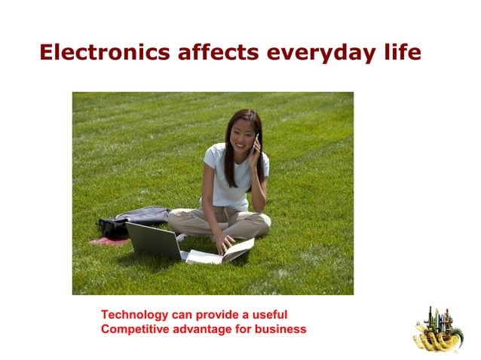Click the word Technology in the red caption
click(x=134, y=315)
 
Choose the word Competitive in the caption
click(x=134, y=329)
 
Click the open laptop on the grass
click(x=155, y=241)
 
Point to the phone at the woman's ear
click(x=256, y=141)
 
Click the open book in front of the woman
click(x=222, y=252)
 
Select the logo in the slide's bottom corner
click(x=437, y=329)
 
